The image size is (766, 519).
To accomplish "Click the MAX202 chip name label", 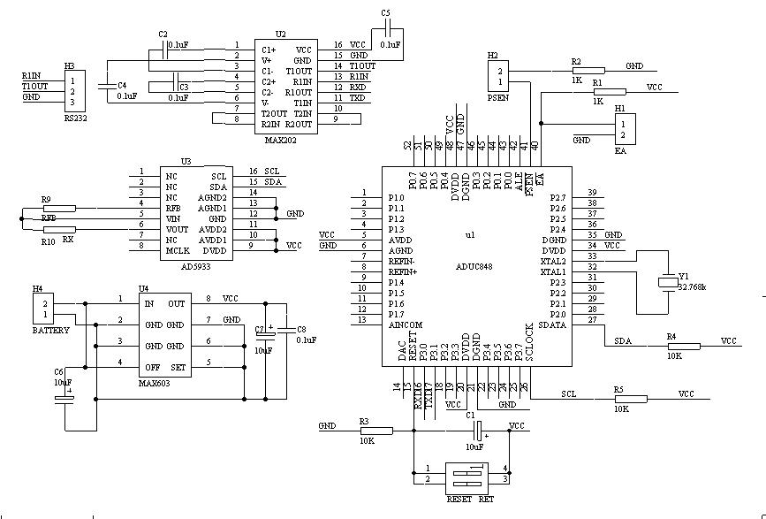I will coord(278,140).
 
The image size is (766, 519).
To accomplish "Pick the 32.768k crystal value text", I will coord(692,287).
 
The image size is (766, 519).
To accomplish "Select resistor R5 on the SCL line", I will coord(629,399).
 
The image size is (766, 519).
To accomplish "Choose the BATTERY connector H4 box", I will coord(42,309).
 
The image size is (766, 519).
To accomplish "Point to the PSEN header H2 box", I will coord(499,77).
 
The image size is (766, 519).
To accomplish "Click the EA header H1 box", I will coord(624,129).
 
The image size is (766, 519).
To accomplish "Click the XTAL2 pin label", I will coord(553,262).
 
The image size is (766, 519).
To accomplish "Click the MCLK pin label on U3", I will coord(178,250).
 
